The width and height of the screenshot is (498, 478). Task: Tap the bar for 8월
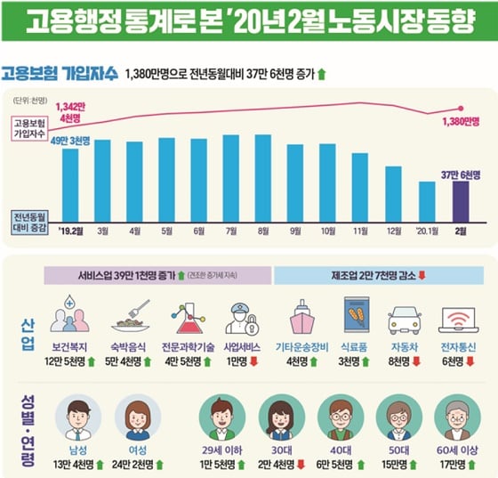(x=262, y=177)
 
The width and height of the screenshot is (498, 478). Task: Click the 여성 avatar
(x=138, y=416)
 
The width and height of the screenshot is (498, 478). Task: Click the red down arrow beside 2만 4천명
(x=303, y=464)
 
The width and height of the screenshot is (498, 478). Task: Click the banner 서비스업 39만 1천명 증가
(x=157, y=275)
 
